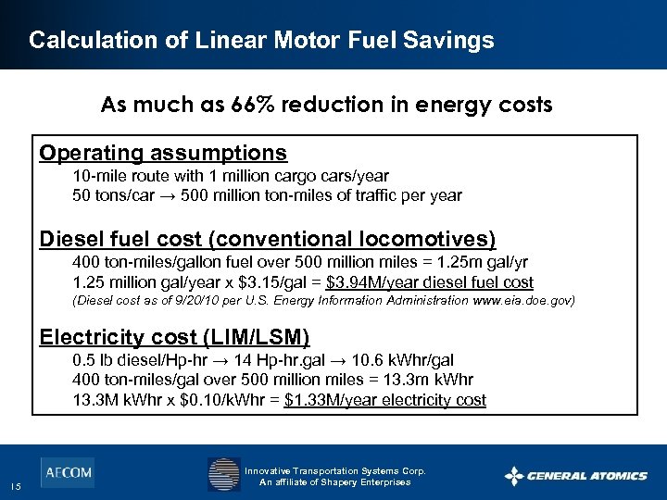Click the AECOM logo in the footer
pos(67,472)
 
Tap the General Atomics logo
pos(576,476)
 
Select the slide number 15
pos(17,487)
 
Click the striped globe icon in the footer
pos(223,474)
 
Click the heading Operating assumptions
pos(163,152)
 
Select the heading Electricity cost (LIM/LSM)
pos(174,336)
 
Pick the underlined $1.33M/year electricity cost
pos(384,400)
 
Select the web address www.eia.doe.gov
pos(524,301)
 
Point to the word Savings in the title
pos(451,40)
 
